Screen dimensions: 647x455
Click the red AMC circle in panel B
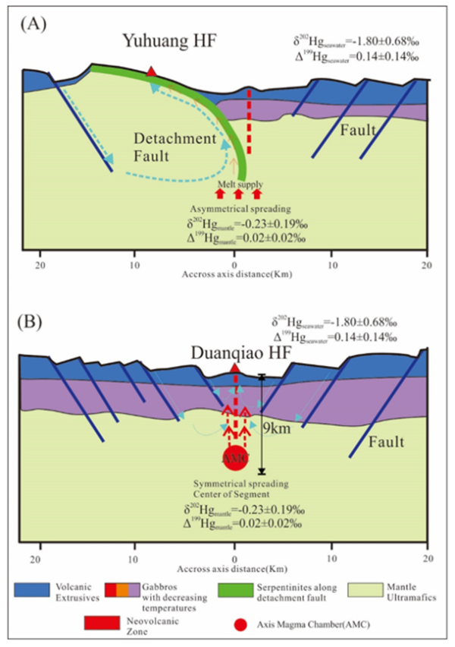[x=235, y=457]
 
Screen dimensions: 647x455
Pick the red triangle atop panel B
[x=235, y=368]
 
